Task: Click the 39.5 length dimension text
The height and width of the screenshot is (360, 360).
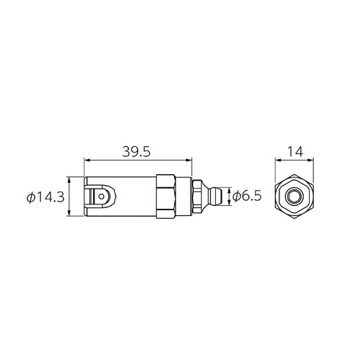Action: tap(136, 152)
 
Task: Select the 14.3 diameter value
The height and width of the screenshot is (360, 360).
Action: tap(50, 197)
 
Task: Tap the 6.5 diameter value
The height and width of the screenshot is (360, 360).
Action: tap(251, 197)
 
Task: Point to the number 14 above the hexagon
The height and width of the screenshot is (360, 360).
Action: tap(295, 152)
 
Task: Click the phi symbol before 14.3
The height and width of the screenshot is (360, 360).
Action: tap(30, 197)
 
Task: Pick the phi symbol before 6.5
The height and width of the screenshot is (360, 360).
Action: tap(236, 197)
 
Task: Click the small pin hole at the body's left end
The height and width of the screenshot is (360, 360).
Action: tap(102, 197)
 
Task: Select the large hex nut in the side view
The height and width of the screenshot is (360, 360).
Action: tap(166, 197)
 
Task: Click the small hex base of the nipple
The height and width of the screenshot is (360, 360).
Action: tap(197, 197)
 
